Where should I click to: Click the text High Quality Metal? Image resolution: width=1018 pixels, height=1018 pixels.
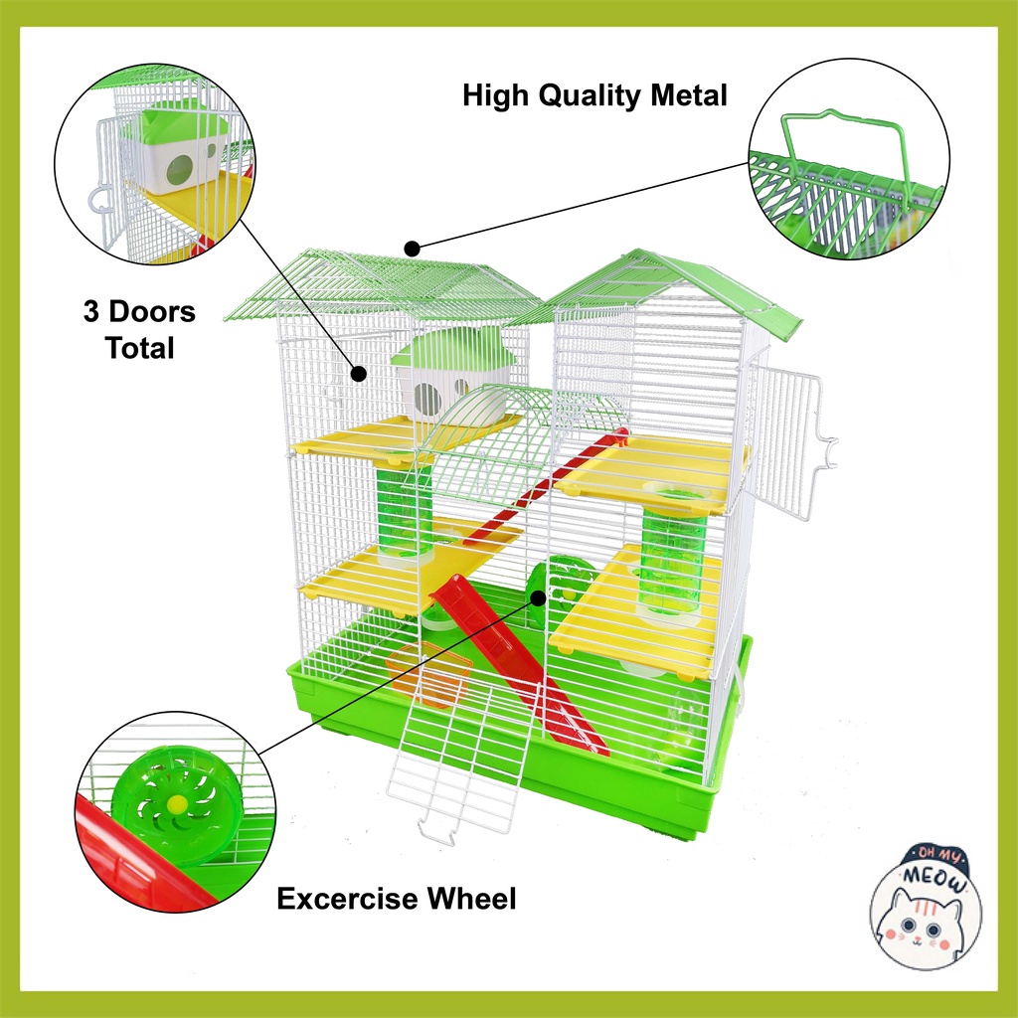[594, 95]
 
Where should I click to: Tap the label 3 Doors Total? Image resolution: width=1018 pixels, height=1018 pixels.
[139, 329]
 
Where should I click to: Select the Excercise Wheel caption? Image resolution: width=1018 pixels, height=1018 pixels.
[396, 900]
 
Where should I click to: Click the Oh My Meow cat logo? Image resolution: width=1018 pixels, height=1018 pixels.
[926, 900]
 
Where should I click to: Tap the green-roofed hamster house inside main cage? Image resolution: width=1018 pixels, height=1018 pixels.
[452, 375]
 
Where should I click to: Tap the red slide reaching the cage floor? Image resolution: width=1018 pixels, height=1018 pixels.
[517, 656]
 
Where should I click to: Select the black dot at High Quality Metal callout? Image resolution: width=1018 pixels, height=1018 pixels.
[410, 247]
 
